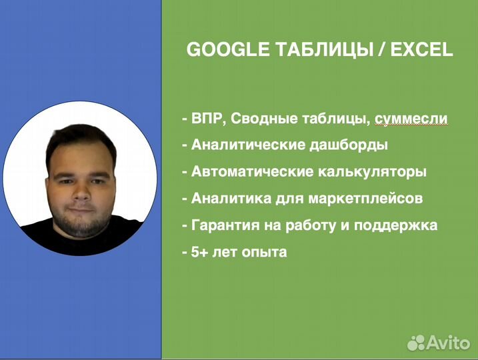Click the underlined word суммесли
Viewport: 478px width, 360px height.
point(411,119)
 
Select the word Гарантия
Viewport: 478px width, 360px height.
point(223,225)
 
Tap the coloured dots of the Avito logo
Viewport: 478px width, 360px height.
point(416,343)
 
